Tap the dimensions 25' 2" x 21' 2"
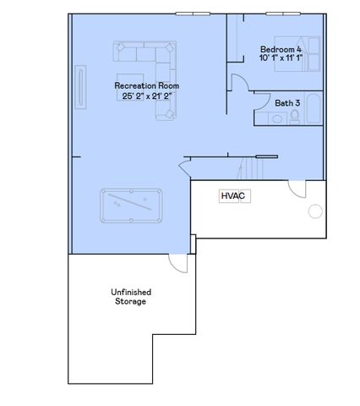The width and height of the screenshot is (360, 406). click(146, 96)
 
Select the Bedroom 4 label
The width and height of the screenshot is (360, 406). click(281, 49)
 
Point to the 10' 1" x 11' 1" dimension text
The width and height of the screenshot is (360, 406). click(281, 58)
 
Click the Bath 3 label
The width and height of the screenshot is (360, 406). click(286, 103)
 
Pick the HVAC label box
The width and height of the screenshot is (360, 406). click(232, 196)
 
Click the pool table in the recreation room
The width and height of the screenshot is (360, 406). click(131, 205)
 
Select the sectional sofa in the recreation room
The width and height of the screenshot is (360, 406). click(152, 64)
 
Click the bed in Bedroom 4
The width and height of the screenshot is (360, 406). click(307, 52)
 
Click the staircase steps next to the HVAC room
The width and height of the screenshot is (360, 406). click(249, 168)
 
